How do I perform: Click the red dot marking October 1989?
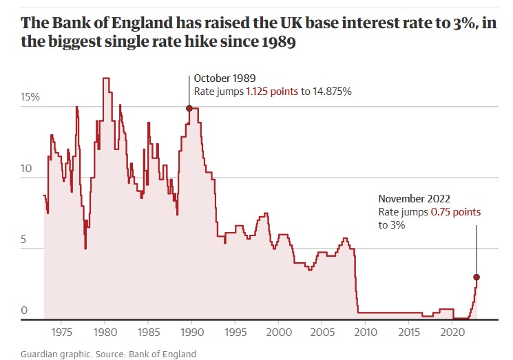click(x=189, y=108)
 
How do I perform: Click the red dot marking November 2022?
click(x=477, y=277)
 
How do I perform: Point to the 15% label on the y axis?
click(x=30, y=98)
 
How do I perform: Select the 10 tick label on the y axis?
click(x=26, y=169)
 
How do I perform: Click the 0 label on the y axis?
click(x=23, y=311)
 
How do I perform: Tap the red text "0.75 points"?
click(x=456, y=212)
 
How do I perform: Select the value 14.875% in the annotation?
click(x=331, y=92)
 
